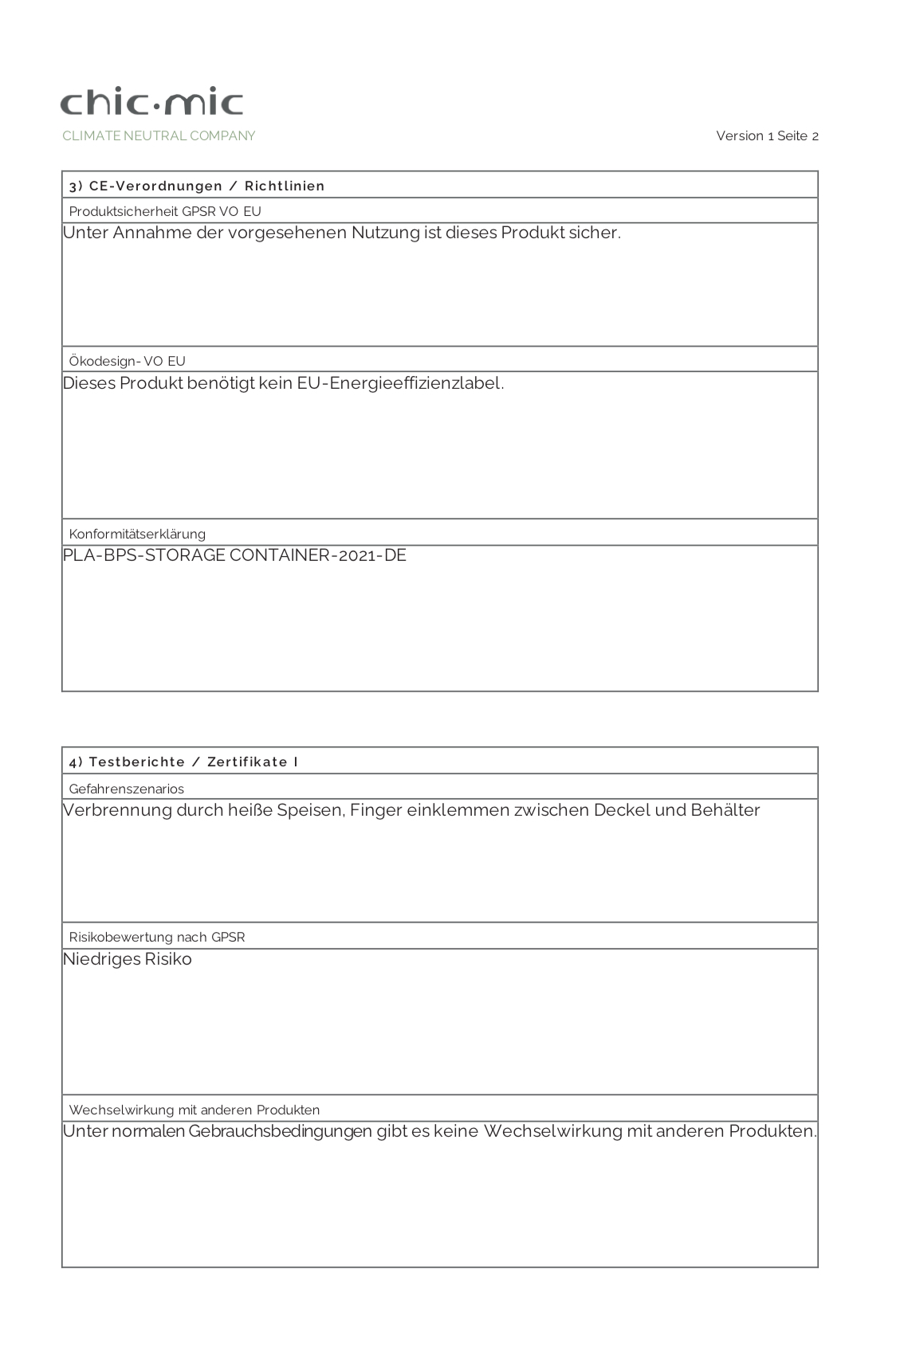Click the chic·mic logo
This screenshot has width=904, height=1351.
pos(151,103)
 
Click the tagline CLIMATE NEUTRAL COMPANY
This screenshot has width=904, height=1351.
pos(159,136)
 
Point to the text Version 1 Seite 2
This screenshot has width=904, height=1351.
pos(767,136)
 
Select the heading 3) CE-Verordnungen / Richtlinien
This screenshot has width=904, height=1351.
pos(197,186)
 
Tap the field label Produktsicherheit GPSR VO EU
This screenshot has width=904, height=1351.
pos(165,212)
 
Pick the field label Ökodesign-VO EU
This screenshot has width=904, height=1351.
pos(127,362)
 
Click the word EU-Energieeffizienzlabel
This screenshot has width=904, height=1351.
pos(400,383)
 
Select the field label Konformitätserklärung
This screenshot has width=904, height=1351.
pos(137,535)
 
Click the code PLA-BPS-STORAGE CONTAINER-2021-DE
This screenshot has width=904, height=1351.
pos(234,555)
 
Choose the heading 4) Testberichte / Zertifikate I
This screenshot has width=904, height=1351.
pos(183,762)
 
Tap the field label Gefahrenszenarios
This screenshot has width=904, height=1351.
pos(126,789)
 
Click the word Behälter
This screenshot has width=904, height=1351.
pos(725,811)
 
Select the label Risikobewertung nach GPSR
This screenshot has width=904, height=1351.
pos(157,938)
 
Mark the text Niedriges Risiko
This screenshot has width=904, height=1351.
pos(128,959)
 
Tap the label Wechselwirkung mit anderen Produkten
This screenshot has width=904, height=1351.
pos(194,1110)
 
